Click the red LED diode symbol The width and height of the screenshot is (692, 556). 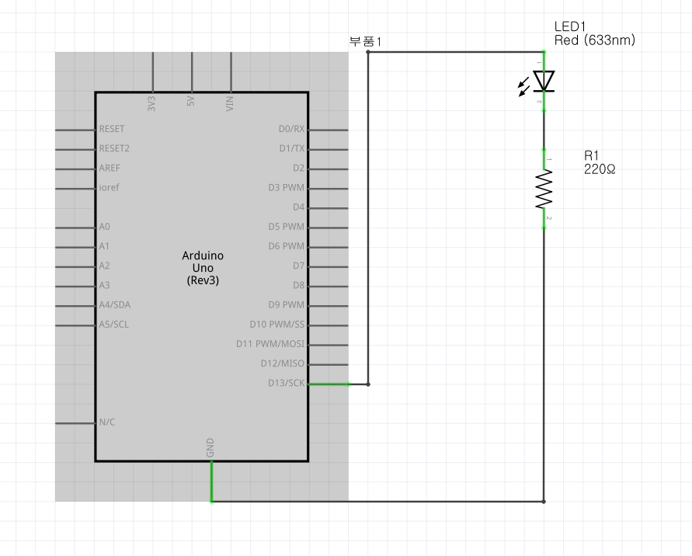[x=543, y=81]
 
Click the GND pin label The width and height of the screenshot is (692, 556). [x=210, y=447]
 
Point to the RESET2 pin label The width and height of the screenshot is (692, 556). [x=114, y=148]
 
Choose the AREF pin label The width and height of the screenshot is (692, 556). [x=110, y=168]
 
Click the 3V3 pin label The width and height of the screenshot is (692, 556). [x=151, y=103]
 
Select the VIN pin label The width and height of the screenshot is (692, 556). [x=230, y=103]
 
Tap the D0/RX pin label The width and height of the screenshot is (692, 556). [x=291, y=129]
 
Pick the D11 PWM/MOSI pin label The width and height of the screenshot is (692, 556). [x=270, y=344]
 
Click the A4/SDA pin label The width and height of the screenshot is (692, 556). [x=114, y=304]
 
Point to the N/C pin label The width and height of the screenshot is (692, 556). [x=107, y=422]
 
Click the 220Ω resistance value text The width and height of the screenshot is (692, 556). [x=600, y=169]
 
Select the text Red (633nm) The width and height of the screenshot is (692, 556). [x=595, y=40]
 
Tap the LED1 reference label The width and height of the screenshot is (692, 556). [x=570, y=27]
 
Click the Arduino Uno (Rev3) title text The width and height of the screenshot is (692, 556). [x=203, y=268]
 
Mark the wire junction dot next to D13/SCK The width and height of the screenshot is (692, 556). [x=367, y=384]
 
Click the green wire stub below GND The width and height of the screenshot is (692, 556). [x=211, y=481]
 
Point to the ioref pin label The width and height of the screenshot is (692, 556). [x=109, y=188]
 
